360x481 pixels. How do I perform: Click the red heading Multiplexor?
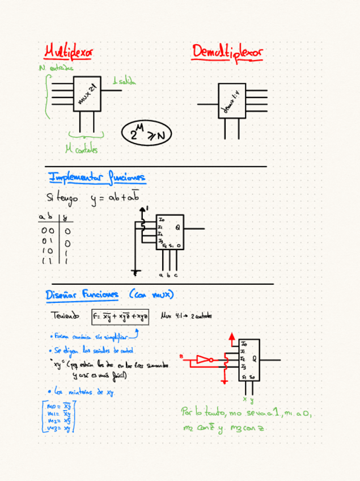pyautogui.click(x=69, y=52)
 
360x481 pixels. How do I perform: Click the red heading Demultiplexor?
pyautogui.click(x=227, y=52)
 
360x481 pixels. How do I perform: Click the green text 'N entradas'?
pyautogui.click(x=57, y=68)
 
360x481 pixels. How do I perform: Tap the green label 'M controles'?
pyautogui.click(x=82, y=150)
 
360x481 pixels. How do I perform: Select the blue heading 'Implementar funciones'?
pyautogui.click(x=97, y=178)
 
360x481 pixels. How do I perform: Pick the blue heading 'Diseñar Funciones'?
pyautogui.click(x=82, y=294)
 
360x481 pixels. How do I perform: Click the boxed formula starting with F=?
pyautogui.click(x=121, y=317)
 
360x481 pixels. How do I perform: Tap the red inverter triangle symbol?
pyautogui.click(x=203, y=359)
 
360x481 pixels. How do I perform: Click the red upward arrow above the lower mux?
pyautogui.click(x=231, y=339)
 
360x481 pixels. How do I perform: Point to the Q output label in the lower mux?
pyautogui.click(x=253, y=358)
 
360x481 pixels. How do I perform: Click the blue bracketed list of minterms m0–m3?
pyautogui.click(x=59, y=416)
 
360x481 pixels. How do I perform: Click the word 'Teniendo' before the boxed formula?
pyautogui.click(x=65, y=316)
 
